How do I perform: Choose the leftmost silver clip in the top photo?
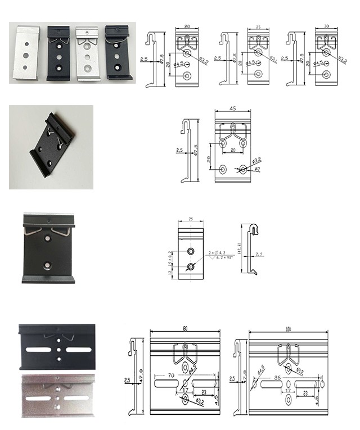pos(27,53)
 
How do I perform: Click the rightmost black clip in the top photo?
pos(118,52)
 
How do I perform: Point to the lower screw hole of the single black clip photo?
pos(48,263)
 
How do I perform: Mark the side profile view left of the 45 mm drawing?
pos(191,151)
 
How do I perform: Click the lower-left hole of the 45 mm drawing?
pos(223,169)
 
